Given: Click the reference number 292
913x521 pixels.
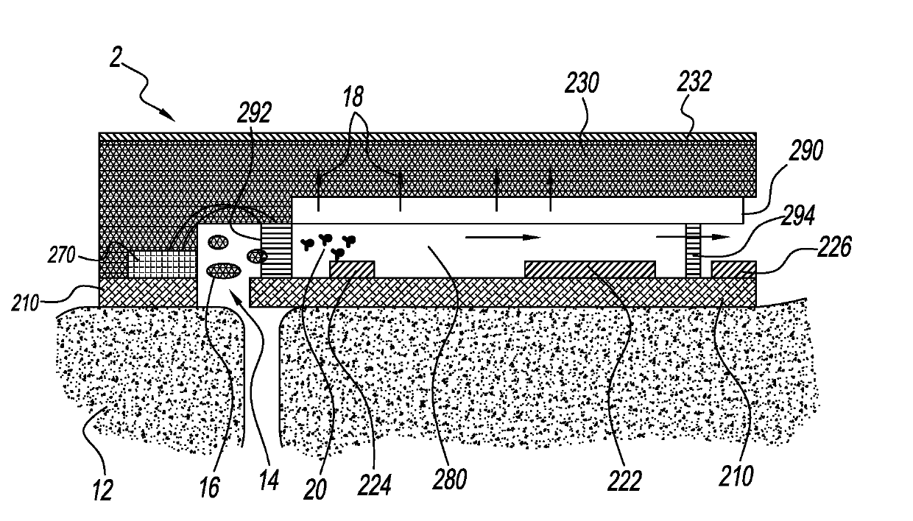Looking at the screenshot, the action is click(254, 112).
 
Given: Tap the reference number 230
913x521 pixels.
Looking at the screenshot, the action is click(582, 82).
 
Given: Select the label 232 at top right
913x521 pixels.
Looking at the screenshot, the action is click(694, 82).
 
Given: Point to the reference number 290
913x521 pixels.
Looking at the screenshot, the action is click(806, 150).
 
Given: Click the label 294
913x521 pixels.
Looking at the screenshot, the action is click(798, 215).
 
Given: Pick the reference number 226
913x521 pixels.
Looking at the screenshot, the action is click(834, 247).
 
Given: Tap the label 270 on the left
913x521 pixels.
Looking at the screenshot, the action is click(62, 255).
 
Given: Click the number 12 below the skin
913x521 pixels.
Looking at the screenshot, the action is click(102, 489).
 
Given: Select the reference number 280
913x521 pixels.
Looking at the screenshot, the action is click(450, 480).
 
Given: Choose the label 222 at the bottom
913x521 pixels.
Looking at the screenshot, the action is click(624, 481).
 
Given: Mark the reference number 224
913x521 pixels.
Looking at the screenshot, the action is click(374, 485).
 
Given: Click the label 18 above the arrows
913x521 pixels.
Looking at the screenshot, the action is click(353, 97).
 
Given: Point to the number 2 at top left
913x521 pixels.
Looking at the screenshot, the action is click(116, 58).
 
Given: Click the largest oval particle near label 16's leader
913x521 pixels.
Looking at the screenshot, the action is click(224, 271).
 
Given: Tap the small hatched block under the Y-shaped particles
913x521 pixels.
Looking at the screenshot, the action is click(352, 269).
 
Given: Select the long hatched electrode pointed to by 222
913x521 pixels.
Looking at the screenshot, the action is click(590, 269).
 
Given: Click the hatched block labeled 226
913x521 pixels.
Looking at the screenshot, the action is click(733, 269).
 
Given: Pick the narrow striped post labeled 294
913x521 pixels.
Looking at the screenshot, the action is click(693, 251).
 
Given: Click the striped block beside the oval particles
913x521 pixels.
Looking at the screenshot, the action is click(276, 251).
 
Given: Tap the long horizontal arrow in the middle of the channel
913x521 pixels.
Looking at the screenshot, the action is click(503, 238).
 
